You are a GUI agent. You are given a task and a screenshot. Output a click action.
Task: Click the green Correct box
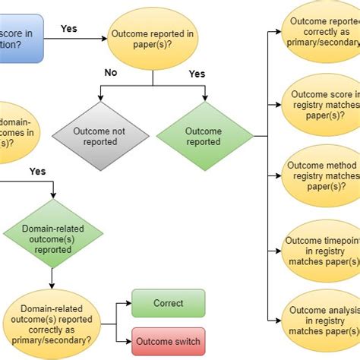pyautogui.click(x=168, y=303)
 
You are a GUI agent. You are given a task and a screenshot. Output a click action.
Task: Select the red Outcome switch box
pyautogui.click(x=168, y=342)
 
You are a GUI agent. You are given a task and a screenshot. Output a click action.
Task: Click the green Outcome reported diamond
pyautogui.click(x=204, y=136)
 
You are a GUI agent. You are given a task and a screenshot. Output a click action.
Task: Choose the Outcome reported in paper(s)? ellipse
pyautogui.click(x=153, y=39)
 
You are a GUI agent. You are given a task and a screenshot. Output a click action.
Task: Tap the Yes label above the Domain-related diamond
pyautogui.click(x=37, y=171)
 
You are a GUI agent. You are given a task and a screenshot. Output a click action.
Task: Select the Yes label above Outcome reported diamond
pyautogui.click(x=197, y=74)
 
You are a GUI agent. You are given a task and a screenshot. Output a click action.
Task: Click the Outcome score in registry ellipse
pyautogui.click(x=321, y=107)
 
